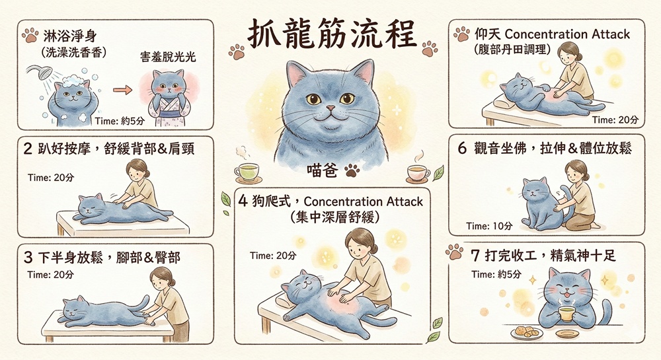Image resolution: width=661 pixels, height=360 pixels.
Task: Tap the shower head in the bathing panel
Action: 40,73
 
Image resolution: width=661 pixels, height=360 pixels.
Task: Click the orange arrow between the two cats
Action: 123,90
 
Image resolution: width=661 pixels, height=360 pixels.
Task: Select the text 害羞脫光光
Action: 168,57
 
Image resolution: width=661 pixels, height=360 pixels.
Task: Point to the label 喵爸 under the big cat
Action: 323,170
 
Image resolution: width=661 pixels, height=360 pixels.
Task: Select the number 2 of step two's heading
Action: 28,149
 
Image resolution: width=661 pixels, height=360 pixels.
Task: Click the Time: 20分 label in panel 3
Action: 51,275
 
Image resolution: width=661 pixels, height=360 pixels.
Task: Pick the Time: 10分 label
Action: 489,226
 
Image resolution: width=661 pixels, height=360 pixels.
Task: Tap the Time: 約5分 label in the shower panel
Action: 120,122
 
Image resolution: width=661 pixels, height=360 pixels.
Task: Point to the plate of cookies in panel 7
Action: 527,333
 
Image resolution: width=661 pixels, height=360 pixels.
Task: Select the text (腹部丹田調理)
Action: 512,50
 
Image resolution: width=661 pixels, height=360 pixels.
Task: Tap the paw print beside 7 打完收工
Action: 455,252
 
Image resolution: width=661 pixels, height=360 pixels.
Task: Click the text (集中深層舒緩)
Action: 335,217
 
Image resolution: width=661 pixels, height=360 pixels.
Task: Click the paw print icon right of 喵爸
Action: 352,170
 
